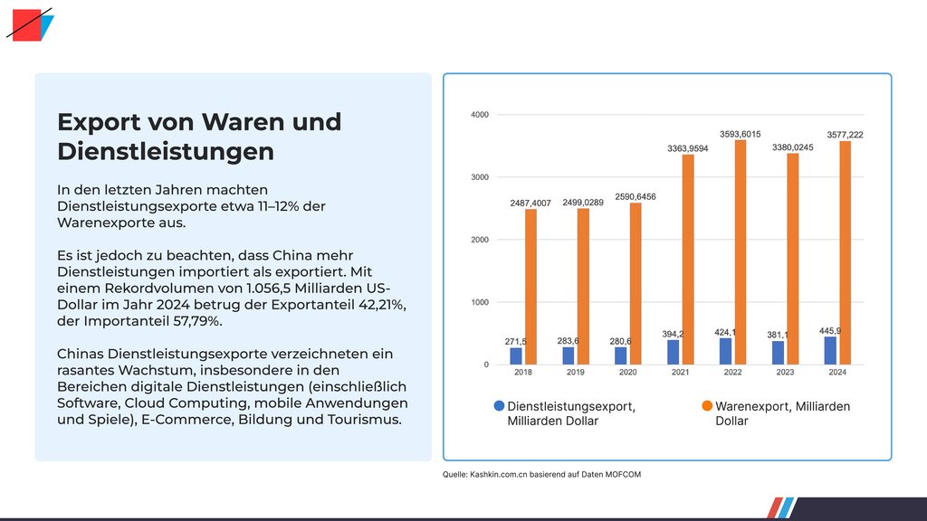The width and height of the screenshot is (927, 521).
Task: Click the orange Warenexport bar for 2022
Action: click(x=741, y=252)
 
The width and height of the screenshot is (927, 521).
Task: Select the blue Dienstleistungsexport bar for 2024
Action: click(x=830, y=351)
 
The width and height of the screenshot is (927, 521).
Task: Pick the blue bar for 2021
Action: click(x=674, y=353)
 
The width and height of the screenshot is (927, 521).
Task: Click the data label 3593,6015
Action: click(x=740, y=133)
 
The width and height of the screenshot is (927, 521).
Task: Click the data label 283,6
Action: click(x=569, y=341)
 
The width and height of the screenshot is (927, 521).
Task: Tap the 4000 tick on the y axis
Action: click(x=480, y=115)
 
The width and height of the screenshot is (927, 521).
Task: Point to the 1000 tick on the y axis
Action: click(x=480, y=302)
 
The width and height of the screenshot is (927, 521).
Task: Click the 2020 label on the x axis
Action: click(x=627, y=372)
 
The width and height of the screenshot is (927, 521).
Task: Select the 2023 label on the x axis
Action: click(x=784, y=372)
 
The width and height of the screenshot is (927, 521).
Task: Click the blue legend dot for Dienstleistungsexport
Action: click(x=499, y=407)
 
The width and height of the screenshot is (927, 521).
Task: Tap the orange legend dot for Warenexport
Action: click(x=707, y=407)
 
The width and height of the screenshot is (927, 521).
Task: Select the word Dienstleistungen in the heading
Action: click(x=165, y=152)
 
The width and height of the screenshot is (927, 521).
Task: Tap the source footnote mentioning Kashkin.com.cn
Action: click(x=541, y=474)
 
